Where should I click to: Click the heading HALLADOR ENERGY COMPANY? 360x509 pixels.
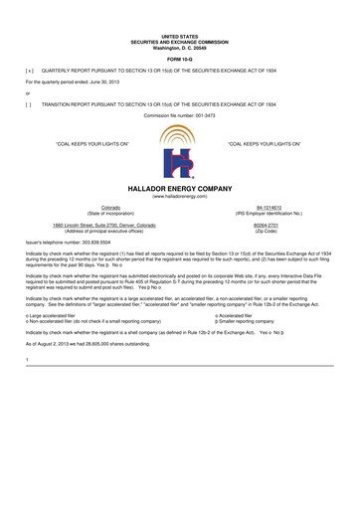(180, 187)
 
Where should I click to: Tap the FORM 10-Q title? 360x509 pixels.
(180, 61)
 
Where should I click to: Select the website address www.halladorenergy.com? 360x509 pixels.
(180, 196)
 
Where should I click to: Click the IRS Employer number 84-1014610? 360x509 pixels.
(268, 208)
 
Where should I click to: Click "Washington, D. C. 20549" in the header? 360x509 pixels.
(180, 48)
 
